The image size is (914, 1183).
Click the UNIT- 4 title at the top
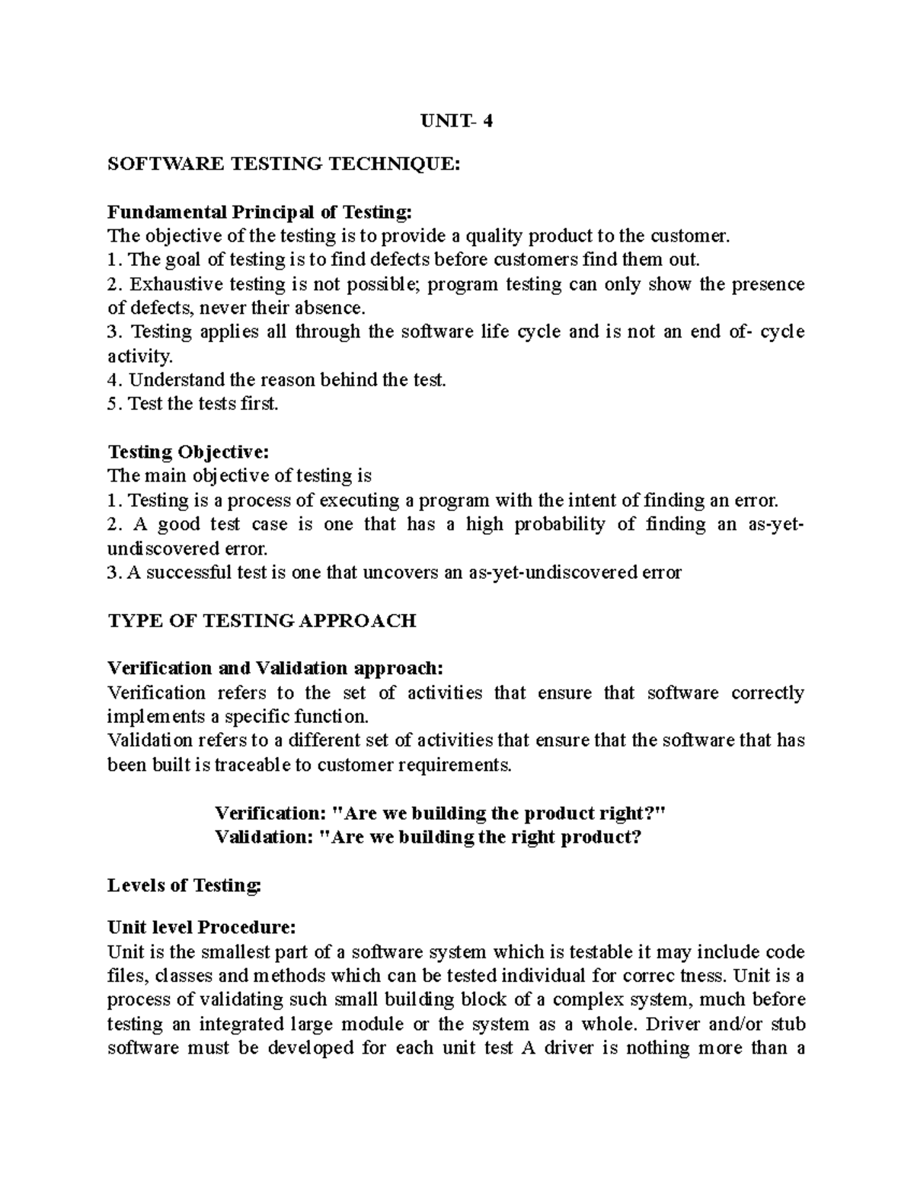point(457,120)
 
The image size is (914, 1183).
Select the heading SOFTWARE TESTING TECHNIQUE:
point(284,163)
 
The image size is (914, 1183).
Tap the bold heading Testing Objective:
point(189,452)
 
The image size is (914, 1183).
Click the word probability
point(558,524)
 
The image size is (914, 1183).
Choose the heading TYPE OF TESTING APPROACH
point(262,620)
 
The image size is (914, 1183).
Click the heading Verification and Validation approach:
point(274,668)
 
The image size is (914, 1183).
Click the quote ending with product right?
point(440,813)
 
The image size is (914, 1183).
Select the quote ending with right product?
point(429,837)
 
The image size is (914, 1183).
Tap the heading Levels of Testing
point(184,885)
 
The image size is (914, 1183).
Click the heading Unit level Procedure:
point(200,928)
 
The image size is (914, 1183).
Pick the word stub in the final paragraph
point(789,1023)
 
